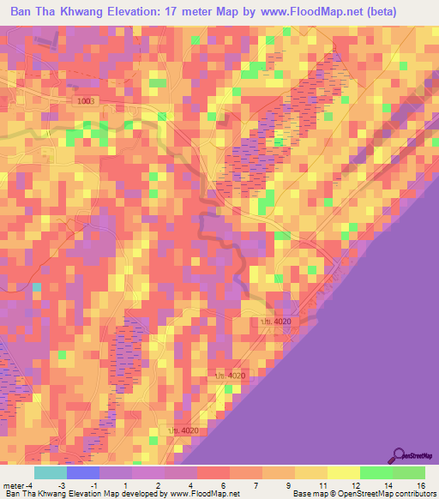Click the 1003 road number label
click(x=87, y=101)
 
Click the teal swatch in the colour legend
click(x=51, y=472)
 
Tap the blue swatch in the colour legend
click(x=83, y=472)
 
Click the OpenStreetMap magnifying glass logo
click(x=400, y=455)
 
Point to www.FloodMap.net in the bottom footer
click(x=204, y=495)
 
